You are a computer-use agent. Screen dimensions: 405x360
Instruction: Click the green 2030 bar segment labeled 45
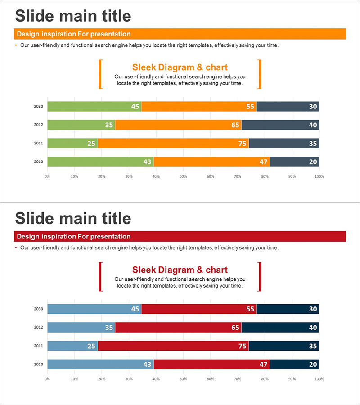94,107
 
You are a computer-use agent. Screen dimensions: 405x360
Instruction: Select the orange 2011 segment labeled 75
173,144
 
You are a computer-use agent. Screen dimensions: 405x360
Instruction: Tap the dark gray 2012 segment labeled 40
280,125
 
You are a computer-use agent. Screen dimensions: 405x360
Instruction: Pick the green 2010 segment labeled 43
100,162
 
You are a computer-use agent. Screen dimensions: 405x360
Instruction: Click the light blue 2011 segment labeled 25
72,346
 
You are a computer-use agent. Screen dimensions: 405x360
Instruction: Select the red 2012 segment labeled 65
178,328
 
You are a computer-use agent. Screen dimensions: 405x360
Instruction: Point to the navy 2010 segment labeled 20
294,364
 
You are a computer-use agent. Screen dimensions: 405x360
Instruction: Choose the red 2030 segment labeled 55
199,309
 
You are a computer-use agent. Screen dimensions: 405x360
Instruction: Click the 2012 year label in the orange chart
38,125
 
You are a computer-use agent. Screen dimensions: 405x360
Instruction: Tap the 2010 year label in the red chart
38,364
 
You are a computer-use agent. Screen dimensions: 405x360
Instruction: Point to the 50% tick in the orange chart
183,176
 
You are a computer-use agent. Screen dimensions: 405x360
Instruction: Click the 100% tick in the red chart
319,379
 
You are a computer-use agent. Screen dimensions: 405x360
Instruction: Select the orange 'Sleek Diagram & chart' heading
180,67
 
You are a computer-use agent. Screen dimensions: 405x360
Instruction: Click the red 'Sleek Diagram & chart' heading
180,270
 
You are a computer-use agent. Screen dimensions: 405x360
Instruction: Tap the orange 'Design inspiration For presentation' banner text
74,34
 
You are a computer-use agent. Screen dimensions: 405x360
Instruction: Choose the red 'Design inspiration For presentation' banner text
74,237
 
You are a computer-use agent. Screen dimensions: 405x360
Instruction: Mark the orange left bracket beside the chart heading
100,74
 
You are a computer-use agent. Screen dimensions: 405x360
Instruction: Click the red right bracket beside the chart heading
260,277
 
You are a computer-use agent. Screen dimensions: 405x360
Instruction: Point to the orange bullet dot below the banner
16,45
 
